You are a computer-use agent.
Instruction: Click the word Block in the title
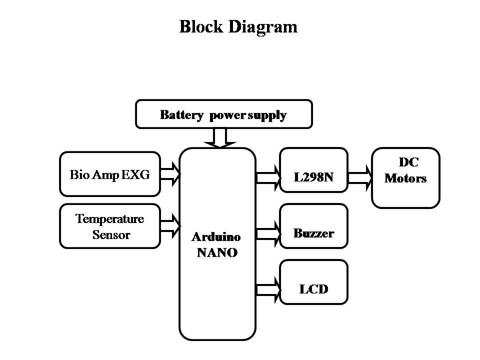click(x=201, y=26)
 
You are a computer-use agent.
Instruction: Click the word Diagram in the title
click(x=263, y=27)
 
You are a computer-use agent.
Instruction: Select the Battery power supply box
click(x=224, y=114)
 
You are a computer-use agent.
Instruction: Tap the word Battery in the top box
click(x=181, y=115)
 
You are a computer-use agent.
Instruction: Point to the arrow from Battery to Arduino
click(x=220, y=138)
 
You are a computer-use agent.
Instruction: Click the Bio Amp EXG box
click(x=110, y=174)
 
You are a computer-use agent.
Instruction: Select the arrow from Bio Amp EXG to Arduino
click(x=170, y=174)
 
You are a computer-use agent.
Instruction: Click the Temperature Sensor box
click(x=110, y=226)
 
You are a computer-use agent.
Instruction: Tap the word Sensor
click(x=111, y=235)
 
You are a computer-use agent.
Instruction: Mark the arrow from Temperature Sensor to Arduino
click(x=170, y=226)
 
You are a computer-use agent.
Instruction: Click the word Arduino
click(x=216, y=237)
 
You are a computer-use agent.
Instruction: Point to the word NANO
click(x=217, y=252)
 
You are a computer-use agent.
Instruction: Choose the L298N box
click(x=314, y=170)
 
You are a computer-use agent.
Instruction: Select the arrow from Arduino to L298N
click(x=268, y=178)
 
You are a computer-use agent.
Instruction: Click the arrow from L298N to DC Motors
click(x=360, y=178)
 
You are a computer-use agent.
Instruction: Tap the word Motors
click(x=405, y=178)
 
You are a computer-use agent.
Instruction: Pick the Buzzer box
click(x=314, y=226)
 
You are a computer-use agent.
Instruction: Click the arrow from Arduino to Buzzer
click(x=268, y=234)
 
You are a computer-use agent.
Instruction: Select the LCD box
click(x=314, y=282)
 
